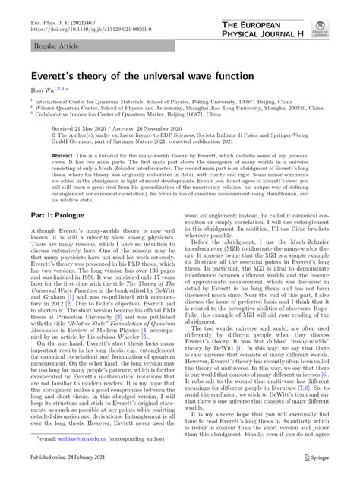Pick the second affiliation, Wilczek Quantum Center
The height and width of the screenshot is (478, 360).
[x=156, y=112]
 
